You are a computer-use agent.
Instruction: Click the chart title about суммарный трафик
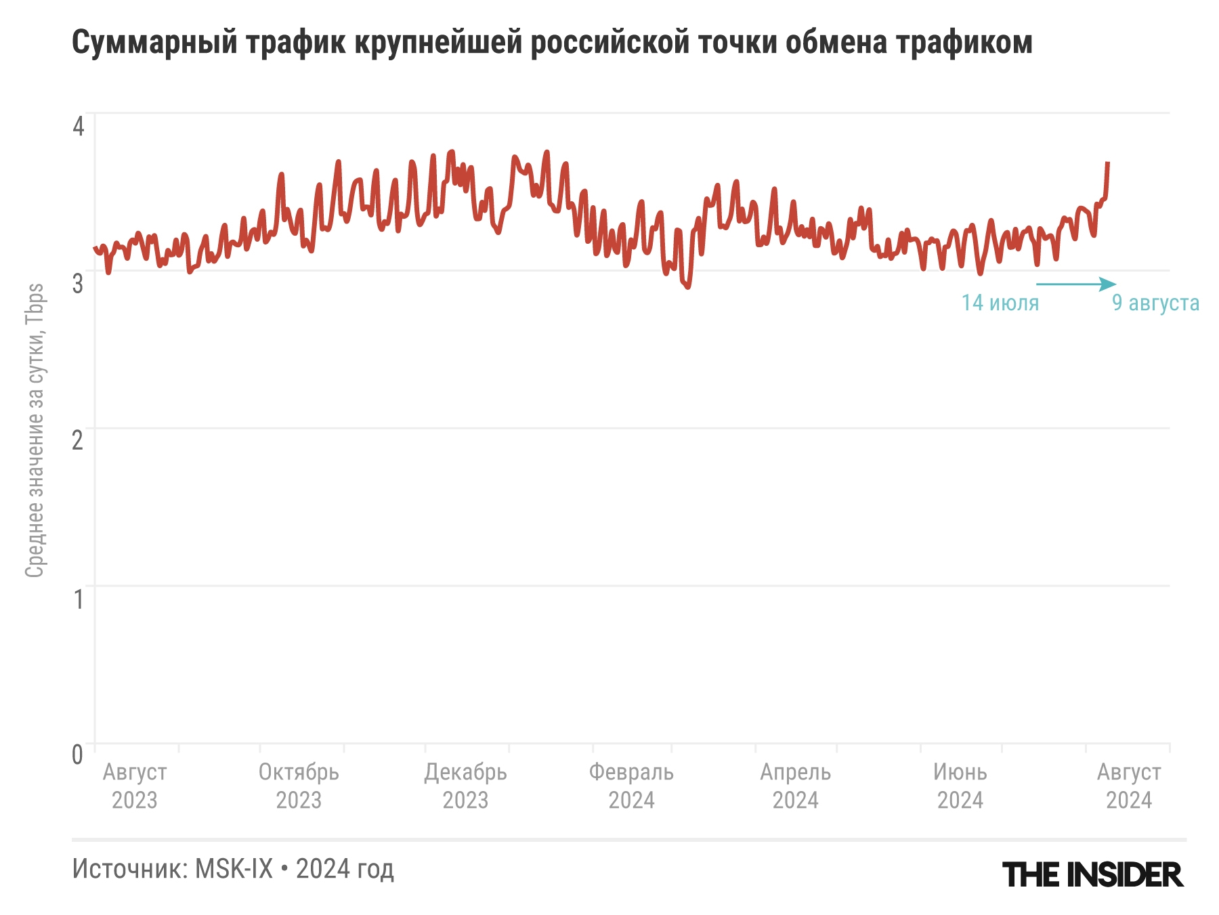pos(552,43)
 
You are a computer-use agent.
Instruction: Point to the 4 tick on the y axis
pos(79,126)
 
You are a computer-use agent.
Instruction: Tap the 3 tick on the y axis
pos(79,283)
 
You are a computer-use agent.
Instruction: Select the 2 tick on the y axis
pos(79,441)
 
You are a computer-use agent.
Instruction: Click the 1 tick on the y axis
pos(79,599)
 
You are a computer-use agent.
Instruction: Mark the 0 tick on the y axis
pos(79,754)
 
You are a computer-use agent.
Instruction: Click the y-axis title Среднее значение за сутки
pos(35,430)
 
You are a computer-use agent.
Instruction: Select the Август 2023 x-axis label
pos(135,786)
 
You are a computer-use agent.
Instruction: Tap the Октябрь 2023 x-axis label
pos(299,786)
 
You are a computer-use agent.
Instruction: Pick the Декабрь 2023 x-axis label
pos(465,786)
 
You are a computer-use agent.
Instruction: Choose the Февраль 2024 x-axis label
pos(631,786)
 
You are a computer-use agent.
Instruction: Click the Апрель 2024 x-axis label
pos(795,786)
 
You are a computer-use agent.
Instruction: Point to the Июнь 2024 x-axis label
pos(960,786)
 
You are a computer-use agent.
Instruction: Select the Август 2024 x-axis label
pos(1128,786)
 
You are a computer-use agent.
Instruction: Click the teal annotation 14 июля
pos(1000,303)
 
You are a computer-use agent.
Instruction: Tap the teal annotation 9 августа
pos(1155,303)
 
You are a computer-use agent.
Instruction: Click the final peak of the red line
pos(1107,163)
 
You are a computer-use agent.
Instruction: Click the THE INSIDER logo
pos(1092,874)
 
